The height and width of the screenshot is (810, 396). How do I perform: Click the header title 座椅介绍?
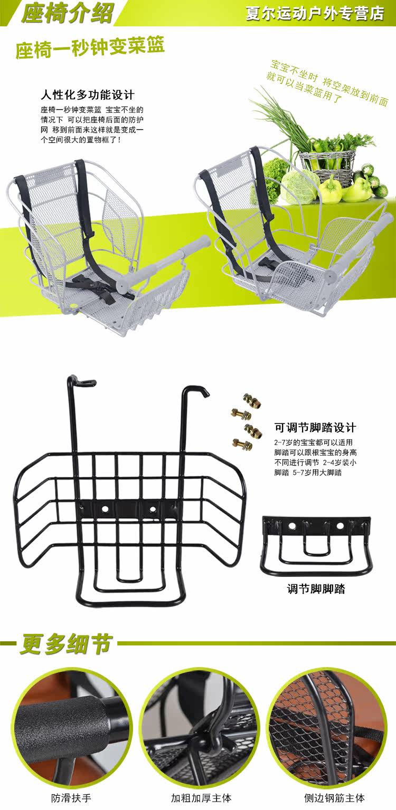[67, 13]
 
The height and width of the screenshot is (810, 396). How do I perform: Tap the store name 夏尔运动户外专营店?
[315, 13]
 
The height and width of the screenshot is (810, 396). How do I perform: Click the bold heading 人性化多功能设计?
[88, 95]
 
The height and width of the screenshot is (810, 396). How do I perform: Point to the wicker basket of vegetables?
[327, 158]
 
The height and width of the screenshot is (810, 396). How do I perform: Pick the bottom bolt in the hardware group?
[243, 442]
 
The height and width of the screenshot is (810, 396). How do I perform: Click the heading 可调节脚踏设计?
[315, 427]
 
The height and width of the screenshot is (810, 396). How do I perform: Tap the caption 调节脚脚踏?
[316, 589]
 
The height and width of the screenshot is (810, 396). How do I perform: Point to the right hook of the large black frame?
[198, 391]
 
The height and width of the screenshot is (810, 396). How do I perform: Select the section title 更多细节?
[66, 644]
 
